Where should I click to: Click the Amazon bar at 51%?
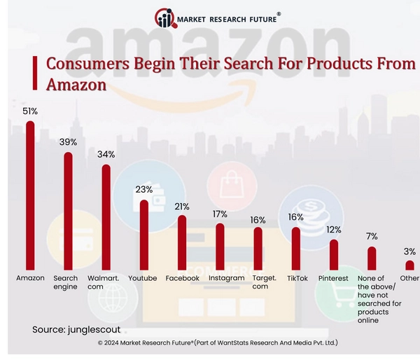click(30, 195)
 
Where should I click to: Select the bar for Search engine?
click(68, 211)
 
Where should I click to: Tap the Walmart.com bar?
click(106, 217)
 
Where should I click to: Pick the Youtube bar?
click(144, 235)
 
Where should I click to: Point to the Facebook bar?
click(182, 242)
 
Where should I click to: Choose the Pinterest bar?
click(333, 255)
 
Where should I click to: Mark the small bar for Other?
click(409, 265)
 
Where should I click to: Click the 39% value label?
click(67, 142)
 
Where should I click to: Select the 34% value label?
click(106, 154)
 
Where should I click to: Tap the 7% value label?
click(371, 236)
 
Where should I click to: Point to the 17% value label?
click(219, 214)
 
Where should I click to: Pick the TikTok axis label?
click(297, 278)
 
